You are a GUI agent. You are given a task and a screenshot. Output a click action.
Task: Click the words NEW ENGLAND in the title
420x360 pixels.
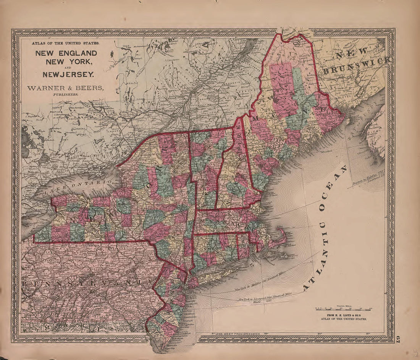[x=66, y=53]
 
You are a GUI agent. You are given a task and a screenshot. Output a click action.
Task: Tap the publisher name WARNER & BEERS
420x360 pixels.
[x=65, y=88]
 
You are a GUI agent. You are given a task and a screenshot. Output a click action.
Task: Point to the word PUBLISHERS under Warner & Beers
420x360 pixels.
[x=66, y=94]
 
